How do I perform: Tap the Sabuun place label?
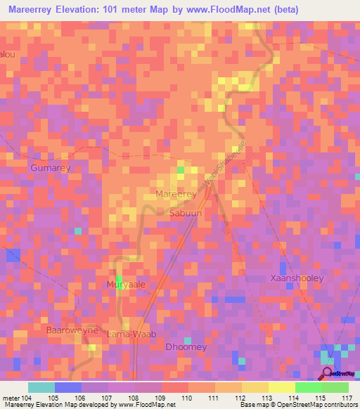coord(186,211)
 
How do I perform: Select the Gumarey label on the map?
coord(51,169)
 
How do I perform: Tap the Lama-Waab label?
coord(130,335)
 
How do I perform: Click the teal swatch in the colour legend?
coord(41,387)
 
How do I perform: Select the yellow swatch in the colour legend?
coord(281,387)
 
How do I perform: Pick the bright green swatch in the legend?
coord(308,387)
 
